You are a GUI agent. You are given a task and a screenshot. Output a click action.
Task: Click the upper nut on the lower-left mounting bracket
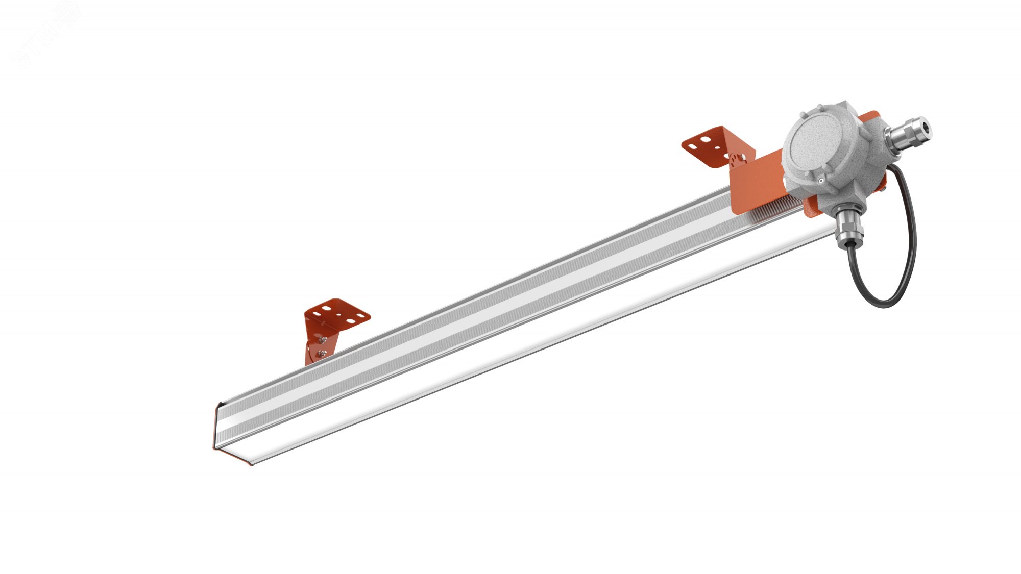(322, 338)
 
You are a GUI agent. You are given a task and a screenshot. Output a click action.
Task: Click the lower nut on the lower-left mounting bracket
(322, 353)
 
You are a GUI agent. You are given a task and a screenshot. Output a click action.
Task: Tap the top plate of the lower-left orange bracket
(337, 313)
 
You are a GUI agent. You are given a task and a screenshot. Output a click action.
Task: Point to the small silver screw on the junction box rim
(820, 180)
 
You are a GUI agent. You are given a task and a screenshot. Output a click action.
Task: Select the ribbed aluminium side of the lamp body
(459, 327)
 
